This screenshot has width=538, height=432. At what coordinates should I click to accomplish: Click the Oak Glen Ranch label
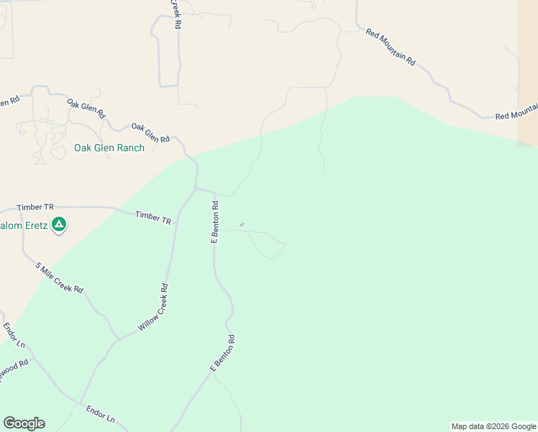[109, 148]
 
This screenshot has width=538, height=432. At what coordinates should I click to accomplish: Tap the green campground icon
[60, 225]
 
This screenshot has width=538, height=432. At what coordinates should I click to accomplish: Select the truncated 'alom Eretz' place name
[24, 226]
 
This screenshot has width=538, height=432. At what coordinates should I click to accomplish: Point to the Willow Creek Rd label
[153, 307]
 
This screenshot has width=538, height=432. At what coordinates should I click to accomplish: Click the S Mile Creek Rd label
[60, 277]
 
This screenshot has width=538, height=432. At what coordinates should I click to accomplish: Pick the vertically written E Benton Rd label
[214, 222]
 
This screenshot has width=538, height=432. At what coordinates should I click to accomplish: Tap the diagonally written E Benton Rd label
[222, 353]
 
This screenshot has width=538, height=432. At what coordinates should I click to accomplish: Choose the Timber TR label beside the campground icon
[35, 207]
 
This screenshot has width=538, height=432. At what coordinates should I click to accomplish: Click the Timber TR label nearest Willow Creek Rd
[153, 218]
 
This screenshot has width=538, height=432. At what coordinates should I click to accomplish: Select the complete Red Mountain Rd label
[391, 48]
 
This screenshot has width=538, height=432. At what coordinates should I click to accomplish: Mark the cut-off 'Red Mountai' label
[516, 112]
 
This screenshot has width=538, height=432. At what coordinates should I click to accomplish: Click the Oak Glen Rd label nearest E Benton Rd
[150, 132]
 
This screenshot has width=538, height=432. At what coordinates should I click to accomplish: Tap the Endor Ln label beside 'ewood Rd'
[14, 336]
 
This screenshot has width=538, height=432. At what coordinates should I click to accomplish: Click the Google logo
[24, 423]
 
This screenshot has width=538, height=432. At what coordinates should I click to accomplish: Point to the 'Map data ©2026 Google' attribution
[493, 426]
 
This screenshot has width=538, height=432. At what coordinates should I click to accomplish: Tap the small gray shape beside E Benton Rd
[242, 225]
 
